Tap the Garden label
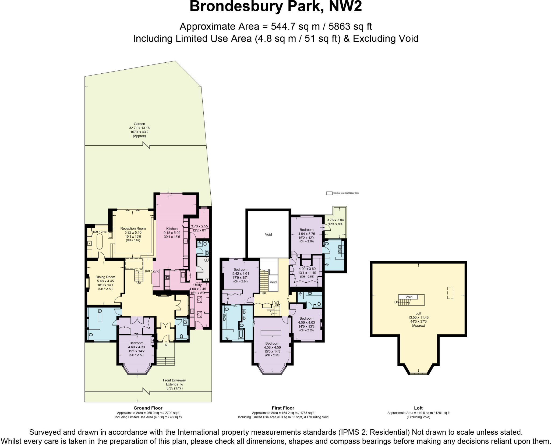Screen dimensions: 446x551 (139, 124)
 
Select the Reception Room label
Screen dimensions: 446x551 (133, 229)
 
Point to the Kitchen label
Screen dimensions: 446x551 (172, 229)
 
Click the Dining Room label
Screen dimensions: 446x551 (105, 277)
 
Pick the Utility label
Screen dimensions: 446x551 (197, 285)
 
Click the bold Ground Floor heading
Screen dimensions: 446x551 (148, 408)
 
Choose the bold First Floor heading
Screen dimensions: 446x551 (283, 408)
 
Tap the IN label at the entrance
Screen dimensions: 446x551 (166, 345)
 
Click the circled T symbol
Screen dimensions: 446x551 (206, 260)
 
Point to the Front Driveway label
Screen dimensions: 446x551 (174, 380)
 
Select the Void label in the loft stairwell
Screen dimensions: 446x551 (409, 297)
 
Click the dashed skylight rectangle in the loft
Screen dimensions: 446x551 (450, 293)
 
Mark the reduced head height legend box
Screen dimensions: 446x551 (329, 193)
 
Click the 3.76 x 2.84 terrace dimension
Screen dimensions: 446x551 (335, 220)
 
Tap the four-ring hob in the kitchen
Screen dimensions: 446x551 (167, 277)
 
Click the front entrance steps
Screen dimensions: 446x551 (165, 361)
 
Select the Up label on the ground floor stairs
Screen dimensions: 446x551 (139, 283)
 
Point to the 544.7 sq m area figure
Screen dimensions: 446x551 (295, 26)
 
